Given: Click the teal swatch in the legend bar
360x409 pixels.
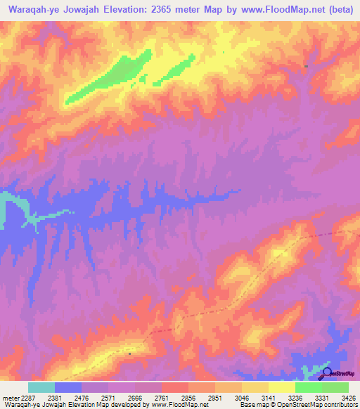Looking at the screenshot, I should point(41,387).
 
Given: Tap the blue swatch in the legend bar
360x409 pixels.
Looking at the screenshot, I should point(68,387).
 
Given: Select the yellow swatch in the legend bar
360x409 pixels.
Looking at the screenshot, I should point(281,387).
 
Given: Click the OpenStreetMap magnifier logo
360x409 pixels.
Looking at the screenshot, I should point(328,372).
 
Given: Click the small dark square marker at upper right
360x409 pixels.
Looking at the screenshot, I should point(307,66).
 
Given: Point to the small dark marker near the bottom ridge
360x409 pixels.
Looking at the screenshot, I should point(129,354).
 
